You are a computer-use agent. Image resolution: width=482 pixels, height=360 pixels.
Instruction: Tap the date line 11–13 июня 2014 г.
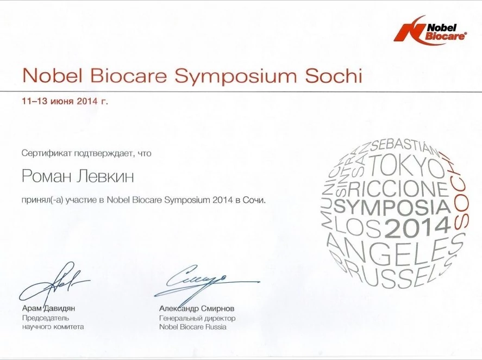tap(65, 101)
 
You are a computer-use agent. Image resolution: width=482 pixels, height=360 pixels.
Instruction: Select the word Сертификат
tap(46, 153)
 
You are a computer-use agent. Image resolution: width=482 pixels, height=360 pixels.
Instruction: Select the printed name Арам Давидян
tap(48, 308)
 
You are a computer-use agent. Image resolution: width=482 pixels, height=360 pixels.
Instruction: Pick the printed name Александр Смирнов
tap(197, 308)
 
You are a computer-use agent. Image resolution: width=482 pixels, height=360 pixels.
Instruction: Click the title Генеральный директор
tap(197, 318)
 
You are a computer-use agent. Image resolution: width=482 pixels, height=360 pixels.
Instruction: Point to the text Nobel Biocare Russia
tap(193, 327)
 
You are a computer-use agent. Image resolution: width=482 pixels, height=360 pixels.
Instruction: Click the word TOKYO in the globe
tap(406, 166)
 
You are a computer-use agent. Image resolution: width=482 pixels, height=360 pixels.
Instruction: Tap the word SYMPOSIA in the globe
tap(392, 207)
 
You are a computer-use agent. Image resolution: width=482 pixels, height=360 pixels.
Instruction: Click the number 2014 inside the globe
tap(417, 227)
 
